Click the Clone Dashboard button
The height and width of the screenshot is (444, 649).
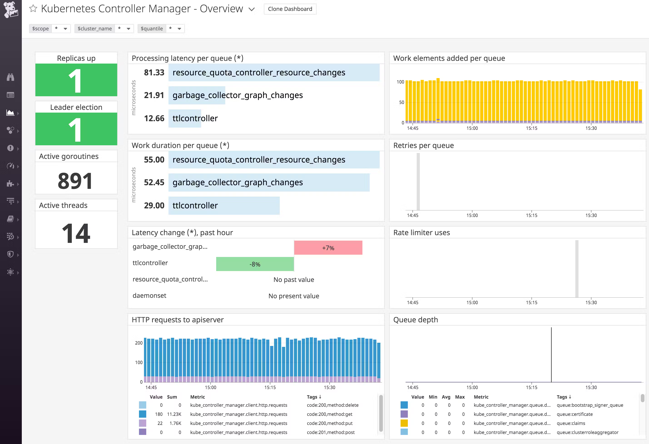(290, 9)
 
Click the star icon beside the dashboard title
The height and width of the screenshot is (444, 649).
(33, 9)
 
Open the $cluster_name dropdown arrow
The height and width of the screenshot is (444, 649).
(129, 28)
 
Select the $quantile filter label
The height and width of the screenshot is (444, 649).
(152, 28)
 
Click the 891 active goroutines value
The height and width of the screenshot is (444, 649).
(75, 181)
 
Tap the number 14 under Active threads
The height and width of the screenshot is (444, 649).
(76, 233)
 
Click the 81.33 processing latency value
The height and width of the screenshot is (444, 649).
(154, 73)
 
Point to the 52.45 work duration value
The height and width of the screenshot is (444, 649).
(154, 183)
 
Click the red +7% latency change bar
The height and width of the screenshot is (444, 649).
(328, 248)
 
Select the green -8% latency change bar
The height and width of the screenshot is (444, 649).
(255, 264)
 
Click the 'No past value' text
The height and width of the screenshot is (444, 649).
(293, 280)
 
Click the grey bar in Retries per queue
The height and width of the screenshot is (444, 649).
(418, 181)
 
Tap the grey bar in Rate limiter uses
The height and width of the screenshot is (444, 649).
(577, 269)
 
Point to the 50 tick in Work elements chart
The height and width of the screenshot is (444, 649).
(401, 102)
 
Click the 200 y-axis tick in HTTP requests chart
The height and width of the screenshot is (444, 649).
(139, 343)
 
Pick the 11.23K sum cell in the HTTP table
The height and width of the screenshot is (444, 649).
(174, 414)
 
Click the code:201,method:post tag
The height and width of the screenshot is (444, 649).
(331, 432)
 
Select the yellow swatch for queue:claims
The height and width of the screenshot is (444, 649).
(404, 423)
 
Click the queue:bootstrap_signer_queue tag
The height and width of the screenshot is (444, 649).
(590, 405)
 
